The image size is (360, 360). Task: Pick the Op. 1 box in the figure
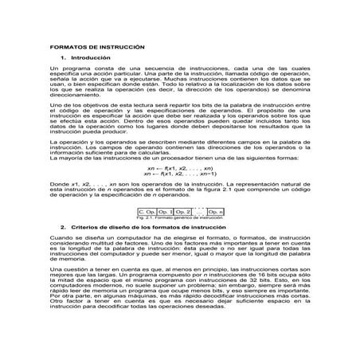coord(166,211)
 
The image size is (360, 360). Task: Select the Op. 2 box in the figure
coord(184,211)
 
